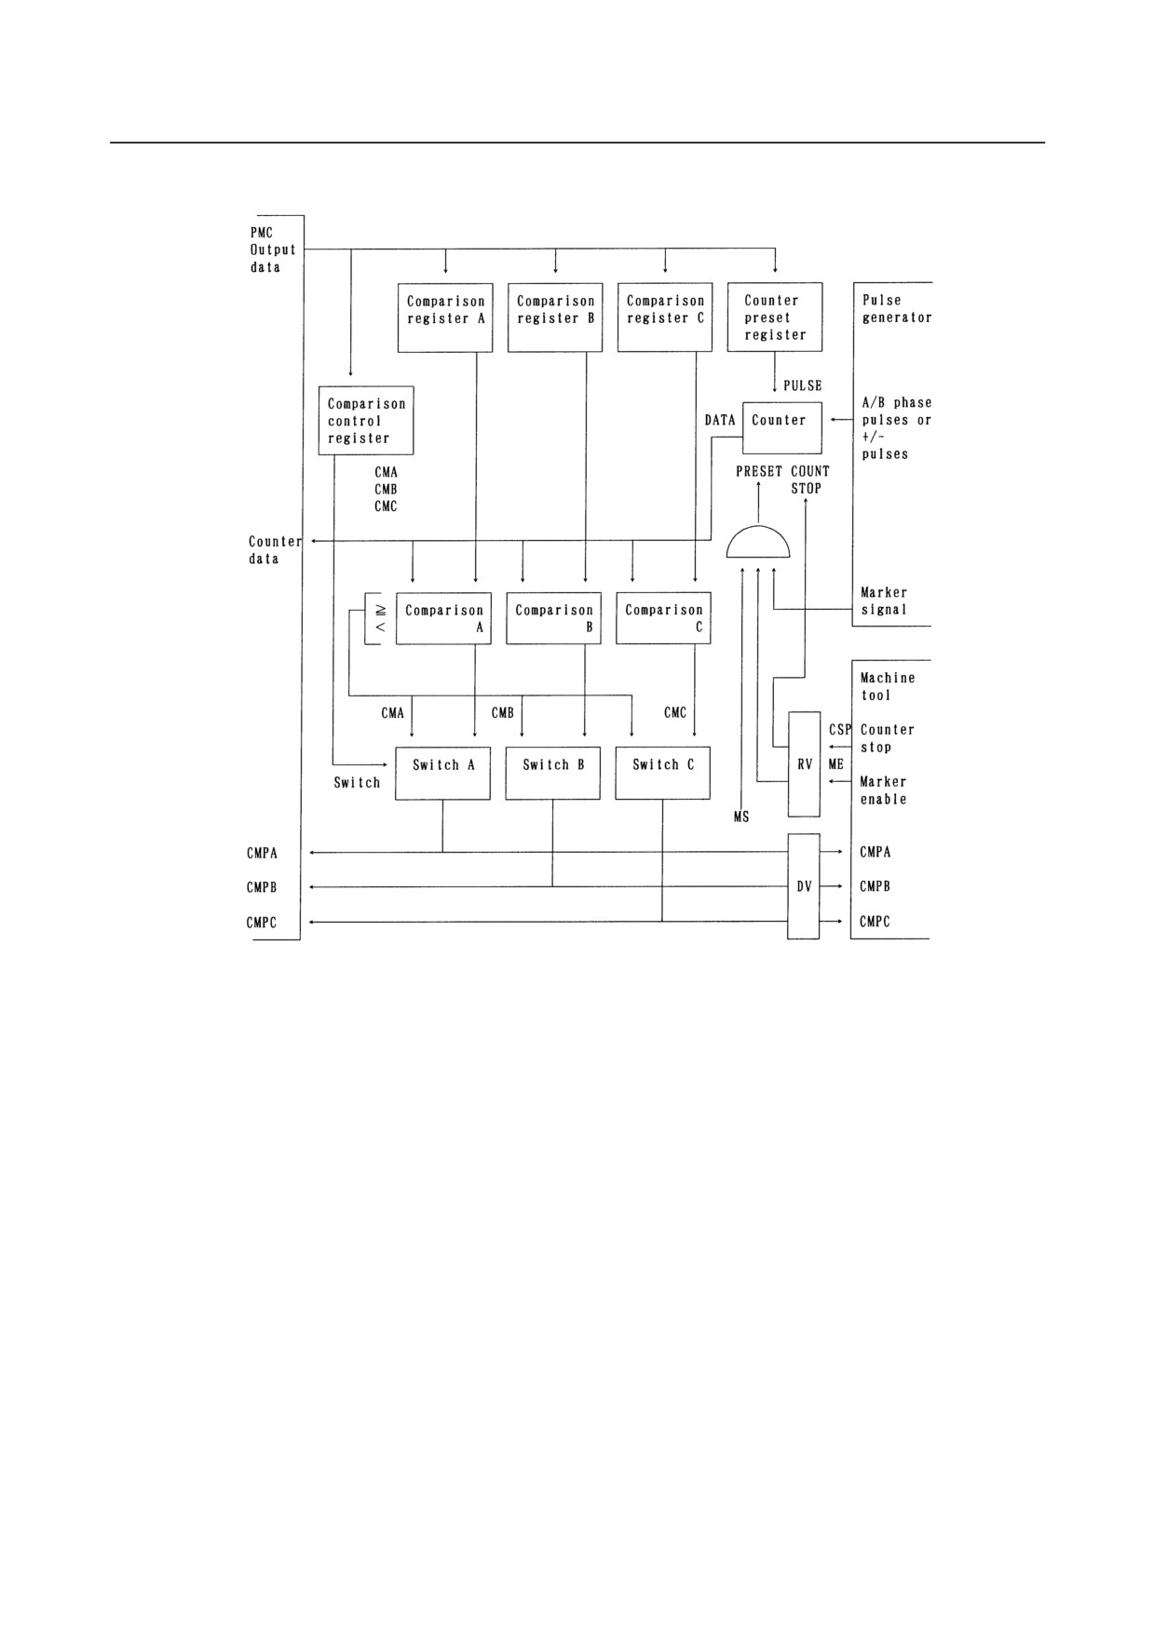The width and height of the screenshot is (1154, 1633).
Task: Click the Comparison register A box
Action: tap(445, 317)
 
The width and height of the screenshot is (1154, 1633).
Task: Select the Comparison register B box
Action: tap(555, 317)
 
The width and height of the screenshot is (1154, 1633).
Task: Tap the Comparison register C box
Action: tap(665, 317)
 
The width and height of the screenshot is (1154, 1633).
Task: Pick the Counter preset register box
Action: tap(775, 317)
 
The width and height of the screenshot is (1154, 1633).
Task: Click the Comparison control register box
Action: tap(366, 421)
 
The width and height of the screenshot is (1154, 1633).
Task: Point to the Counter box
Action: tap(782, 428)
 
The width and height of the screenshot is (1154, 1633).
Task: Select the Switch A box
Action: tap(443, 773)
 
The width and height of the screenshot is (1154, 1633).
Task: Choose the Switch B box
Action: tap(553, 773)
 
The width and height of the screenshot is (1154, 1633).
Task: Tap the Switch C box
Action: tap(663, 773)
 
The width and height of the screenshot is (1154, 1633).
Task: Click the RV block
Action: tap(805, 764)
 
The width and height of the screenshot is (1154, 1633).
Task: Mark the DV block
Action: tap(804, 886)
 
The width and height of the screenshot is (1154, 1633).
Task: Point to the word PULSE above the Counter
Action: tap(803, 385)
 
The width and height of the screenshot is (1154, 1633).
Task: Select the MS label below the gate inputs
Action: tap(741, 817)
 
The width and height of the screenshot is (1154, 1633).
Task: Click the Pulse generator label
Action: tap(896, 309)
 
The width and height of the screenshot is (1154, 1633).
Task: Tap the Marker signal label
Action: tap(884, 601)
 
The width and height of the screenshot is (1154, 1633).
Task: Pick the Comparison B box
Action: tap(554, 618)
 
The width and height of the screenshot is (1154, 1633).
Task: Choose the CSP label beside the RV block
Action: tap(840, 730)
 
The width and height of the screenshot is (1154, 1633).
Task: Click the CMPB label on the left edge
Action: tap(262, 887)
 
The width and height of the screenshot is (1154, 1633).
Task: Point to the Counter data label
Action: tap(275, 550)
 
